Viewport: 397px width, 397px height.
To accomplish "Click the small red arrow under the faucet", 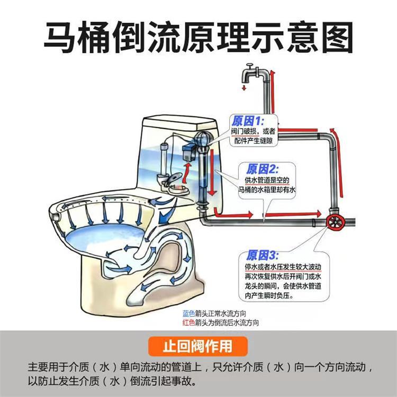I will coord(244,87).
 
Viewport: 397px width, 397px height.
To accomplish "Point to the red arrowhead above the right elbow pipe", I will coord(332,130).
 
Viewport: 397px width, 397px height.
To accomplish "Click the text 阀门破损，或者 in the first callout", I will coord(254,131).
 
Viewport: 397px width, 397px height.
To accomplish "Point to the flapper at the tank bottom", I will coord(174,185).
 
